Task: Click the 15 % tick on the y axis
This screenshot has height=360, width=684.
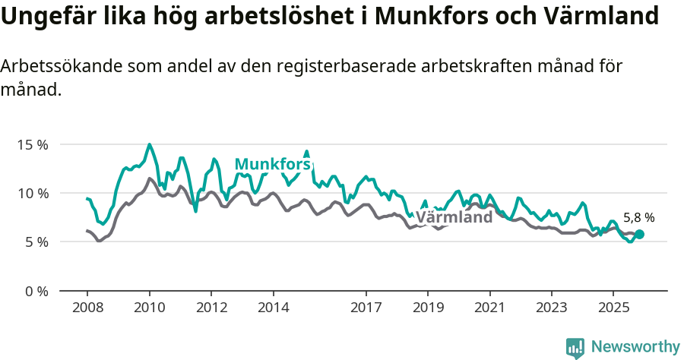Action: click(33, 144)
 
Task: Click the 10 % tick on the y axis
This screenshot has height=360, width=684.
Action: click(33, 193)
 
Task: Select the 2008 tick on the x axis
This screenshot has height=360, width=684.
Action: click(87, 308)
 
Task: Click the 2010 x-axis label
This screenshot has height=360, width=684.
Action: click(149, 308)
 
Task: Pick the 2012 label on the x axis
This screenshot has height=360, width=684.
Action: click(211, 308)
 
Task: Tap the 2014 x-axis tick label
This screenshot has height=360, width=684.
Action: click(273, 308)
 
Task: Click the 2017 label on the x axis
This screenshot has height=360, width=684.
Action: click(366, 308)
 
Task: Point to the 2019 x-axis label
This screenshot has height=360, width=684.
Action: click(428, 308)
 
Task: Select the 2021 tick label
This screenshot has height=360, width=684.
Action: click(489, 308)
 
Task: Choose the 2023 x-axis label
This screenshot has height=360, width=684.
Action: click(552, 308)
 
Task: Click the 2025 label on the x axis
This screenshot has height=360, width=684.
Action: click(613, 308)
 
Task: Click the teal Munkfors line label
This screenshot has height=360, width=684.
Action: click(272, 164)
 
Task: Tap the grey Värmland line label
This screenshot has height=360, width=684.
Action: click(454, 218)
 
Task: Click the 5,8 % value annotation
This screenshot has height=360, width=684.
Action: click(638, 218)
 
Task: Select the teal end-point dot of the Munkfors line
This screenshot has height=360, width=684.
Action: click(639, 235)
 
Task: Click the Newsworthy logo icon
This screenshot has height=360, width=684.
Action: click(575, 348)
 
